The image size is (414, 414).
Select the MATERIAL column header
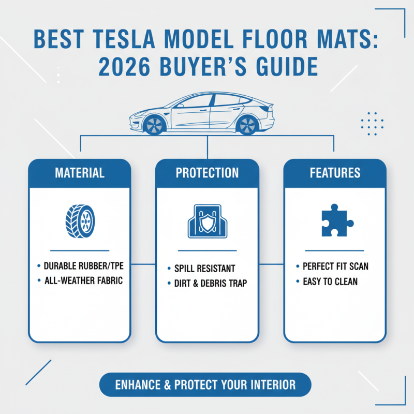[x=79, y=172]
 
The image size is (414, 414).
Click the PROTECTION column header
[x=207, y=172]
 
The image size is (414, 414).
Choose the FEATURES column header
[x=335, y=172]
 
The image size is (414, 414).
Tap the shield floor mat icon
[x=207, y=221]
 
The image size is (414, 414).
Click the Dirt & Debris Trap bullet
[x=210, y=283]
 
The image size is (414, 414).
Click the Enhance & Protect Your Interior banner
[x=205, y=385]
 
